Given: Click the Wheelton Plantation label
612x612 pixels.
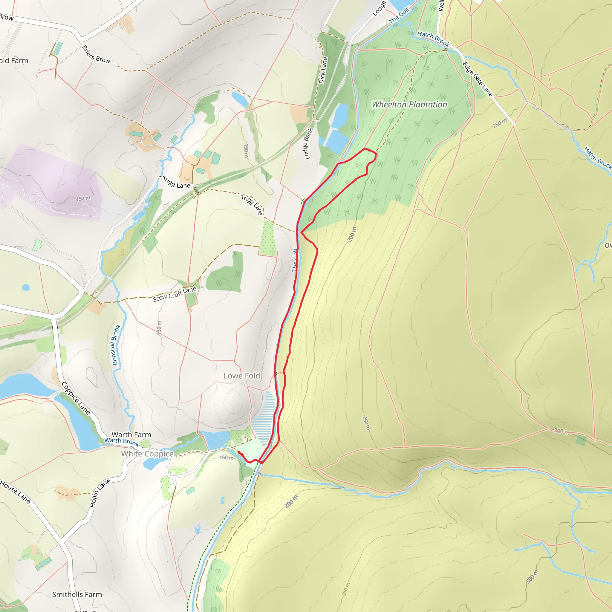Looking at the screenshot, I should [409, 104].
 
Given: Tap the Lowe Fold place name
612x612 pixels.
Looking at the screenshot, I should [242, 376].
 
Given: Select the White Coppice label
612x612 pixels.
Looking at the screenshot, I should [147, 454].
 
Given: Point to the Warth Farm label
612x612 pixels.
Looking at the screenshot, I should [131, 434].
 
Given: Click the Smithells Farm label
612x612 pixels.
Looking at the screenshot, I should [77, 594].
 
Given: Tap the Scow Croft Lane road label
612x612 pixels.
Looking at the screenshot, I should [175, 294].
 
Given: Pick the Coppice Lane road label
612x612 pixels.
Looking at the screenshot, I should [76, 398].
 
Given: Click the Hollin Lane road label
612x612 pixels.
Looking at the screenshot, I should [100, 493].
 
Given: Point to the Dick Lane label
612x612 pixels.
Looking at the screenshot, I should [323, 70].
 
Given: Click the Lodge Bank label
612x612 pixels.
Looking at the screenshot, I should [308, 144].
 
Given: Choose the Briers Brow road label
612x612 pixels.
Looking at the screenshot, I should [96, 54].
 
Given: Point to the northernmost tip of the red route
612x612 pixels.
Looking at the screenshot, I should [365, 148].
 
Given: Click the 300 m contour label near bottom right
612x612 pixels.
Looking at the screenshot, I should [532, 576].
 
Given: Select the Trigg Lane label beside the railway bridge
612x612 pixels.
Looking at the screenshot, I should [176, 183].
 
